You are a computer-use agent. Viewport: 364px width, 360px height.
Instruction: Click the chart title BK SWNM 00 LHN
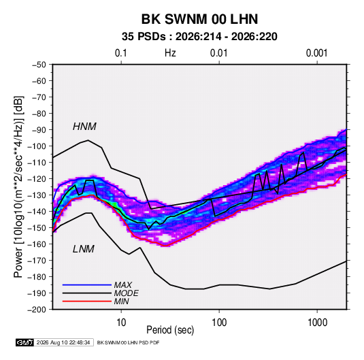coord(199,19)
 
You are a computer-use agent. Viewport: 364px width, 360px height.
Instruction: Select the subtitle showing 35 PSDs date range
coord(199,37)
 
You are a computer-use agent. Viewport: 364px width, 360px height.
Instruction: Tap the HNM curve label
coord(84,127)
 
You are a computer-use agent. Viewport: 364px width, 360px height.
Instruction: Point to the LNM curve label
coord(84,249)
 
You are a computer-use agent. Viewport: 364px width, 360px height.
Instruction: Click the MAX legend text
coord(123,284)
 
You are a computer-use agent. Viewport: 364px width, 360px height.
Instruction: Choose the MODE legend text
coord(127,293)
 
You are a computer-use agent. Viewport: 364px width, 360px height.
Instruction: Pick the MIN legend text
coord(121,301)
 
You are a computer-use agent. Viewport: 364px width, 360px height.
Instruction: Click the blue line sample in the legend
coord(87,284)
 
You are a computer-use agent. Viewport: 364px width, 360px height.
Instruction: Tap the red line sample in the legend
coord(87,301)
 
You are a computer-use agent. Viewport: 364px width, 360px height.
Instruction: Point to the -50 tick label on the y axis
coord(39,65)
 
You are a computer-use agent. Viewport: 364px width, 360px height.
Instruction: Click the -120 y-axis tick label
coord(37,179)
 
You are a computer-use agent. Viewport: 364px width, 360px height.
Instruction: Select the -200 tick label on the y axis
coord(37,310)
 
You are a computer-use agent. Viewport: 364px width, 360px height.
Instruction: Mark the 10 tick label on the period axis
coord(121,323)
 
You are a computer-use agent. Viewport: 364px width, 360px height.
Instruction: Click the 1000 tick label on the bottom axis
coord(317,323)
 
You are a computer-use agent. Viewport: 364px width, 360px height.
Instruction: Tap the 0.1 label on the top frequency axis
coord(121,53)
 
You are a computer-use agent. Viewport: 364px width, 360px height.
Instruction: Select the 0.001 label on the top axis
coord(316,53)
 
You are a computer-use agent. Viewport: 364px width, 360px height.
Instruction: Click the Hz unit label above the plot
coord(170,53)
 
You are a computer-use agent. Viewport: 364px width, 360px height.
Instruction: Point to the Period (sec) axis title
coord(170,330)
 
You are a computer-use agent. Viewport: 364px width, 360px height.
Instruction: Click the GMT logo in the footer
coord(24,342)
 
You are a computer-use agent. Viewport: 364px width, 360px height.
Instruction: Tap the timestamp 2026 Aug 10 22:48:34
coord(63,342)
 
